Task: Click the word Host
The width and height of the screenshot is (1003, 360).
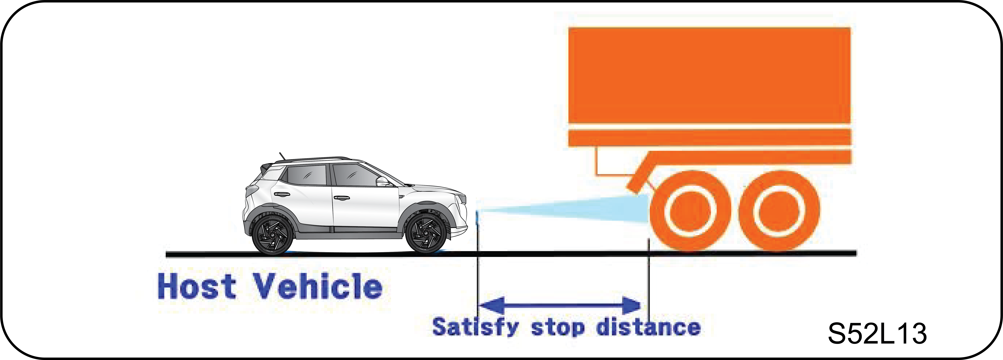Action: (x=197, y=286)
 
